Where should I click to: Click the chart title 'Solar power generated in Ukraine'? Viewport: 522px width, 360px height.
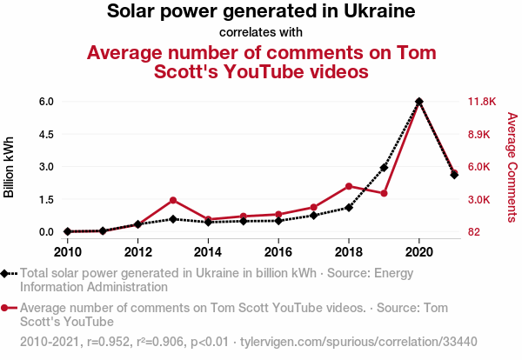[261, 12]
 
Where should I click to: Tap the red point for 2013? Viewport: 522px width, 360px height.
[173, 200]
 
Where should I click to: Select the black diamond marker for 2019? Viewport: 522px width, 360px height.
[384, 168]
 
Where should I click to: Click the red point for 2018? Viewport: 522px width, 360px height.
[349, 186]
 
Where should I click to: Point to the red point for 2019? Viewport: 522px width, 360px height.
[384, 193]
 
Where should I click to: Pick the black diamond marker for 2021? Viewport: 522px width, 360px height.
[454, 175]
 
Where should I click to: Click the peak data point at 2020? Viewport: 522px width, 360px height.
[419, 102]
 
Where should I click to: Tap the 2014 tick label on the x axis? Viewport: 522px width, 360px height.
[208, 252]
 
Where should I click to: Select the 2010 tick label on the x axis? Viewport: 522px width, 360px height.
[68, 252]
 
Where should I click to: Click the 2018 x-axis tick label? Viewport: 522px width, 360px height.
[349, 252]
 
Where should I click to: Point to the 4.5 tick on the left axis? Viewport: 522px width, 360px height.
[46, 134]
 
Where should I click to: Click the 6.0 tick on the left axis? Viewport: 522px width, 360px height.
[46, 102]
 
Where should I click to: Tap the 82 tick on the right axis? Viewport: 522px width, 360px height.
[475, 232]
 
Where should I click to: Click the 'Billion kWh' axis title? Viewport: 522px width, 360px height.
[10, 166]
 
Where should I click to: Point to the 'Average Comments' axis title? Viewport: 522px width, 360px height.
[512, 166]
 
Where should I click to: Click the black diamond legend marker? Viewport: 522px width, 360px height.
[6, 273]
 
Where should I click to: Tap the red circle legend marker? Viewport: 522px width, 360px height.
[6, 307]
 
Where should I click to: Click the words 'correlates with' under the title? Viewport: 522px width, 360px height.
[261, 32]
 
